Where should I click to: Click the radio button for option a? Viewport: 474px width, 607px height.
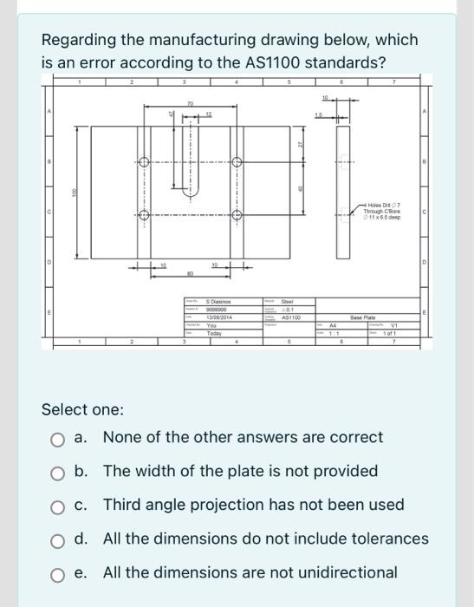(x=57, y=438)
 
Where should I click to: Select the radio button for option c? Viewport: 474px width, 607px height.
(x=57, y=506)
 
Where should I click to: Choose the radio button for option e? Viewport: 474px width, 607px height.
(x=57, y=573)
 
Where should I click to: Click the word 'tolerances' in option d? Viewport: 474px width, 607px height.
(x=385, y=538)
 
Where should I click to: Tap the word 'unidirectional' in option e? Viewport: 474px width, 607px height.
(x=345, y=572)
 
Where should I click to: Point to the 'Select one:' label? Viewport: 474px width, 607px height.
(x=82, y=408)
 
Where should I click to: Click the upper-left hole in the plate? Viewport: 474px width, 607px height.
(x=143, y=162)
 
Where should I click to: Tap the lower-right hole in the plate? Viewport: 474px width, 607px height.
(x=236, y=215)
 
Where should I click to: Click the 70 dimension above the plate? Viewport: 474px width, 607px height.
(x=189, y=103)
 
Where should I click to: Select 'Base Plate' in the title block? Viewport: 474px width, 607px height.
(x=363, y=317)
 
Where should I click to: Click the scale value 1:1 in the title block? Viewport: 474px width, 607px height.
(x=330, y=332)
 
